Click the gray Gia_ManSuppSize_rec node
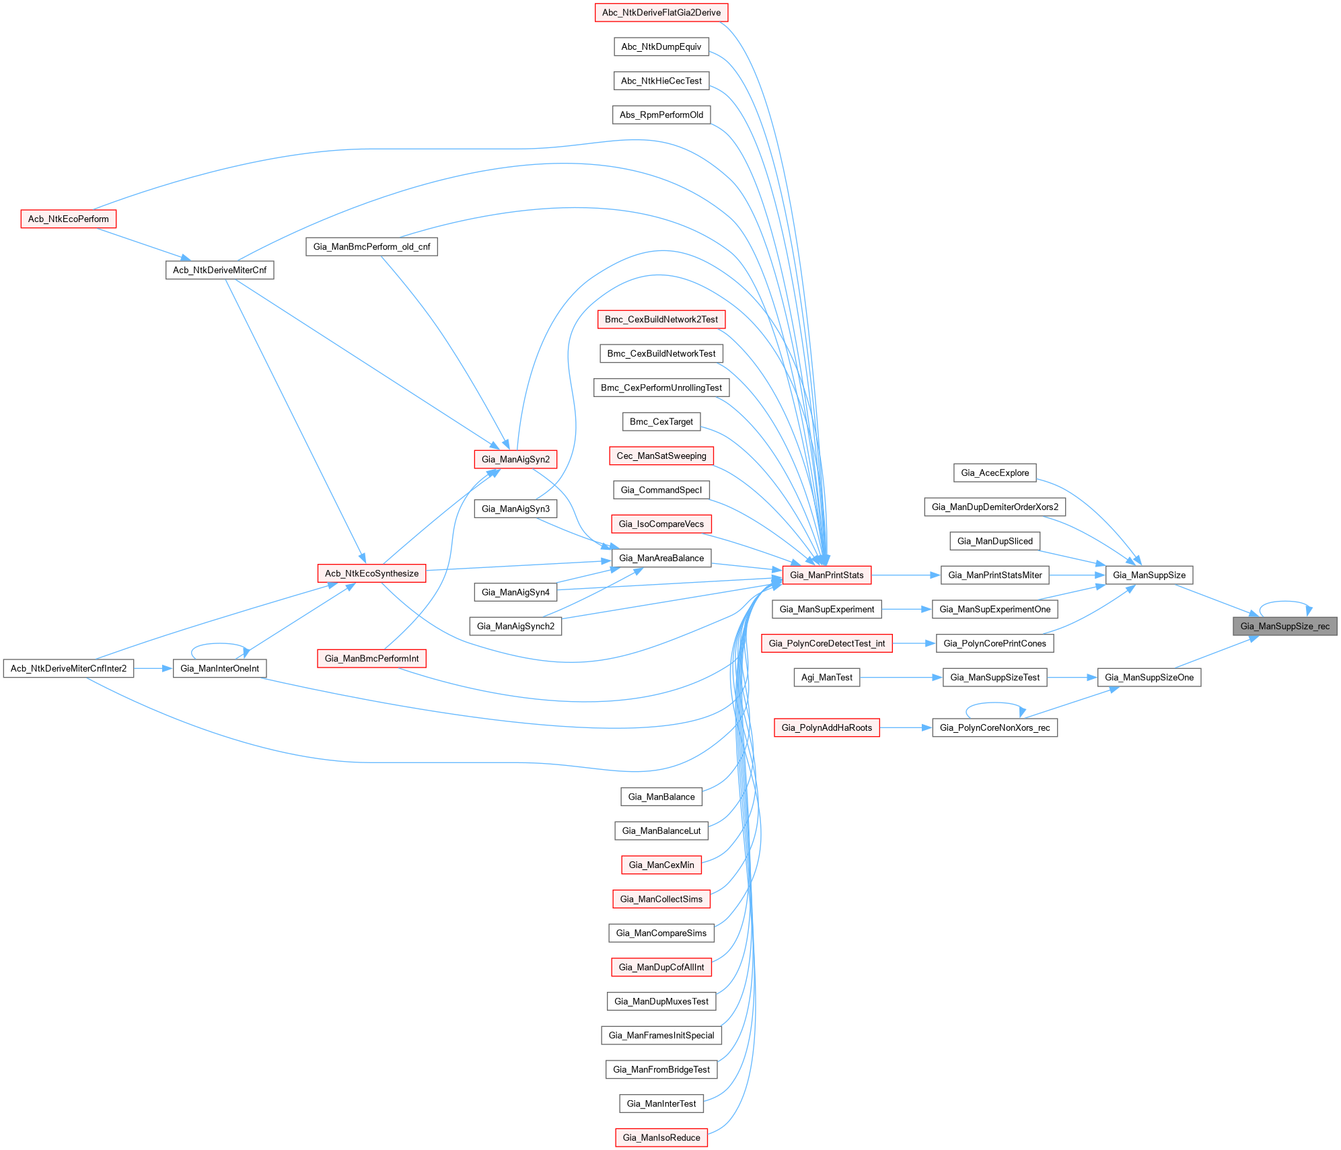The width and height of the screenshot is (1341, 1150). point(1284,626)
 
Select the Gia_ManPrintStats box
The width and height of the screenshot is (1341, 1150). point(826,575)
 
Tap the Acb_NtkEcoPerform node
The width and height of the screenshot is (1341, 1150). point(68,219)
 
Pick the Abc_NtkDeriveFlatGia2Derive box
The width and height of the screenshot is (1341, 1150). point(661,13)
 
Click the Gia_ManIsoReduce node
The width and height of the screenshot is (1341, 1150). point(661,1138)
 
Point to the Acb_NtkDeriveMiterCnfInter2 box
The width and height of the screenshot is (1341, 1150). point(69,669)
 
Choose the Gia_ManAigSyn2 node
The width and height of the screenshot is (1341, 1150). point(515,460)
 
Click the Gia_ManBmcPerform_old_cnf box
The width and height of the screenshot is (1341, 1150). point(371,247)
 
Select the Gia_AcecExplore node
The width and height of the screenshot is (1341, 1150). point(994,473)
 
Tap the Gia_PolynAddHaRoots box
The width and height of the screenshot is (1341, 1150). point(826,728)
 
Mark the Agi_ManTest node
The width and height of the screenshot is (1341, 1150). point(826,678)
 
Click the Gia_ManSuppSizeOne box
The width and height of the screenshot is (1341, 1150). point(1149,678)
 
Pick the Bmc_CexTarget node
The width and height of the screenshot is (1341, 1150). point(661,422)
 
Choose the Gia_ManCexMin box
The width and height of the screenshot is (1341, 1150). point(661,865)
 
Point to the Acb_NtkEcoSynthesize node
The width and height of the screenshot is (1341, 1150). point(371,574)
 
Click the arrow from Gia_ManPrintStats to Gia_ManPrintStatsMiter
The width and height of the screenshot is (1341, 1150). point(905,575)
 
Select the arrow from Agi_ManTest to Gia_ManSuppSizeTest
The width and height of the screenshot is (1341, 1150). point(901,678)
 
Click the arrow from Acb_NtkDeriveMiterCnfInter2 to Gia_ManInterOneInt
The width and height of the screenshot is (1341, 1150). point(153,669)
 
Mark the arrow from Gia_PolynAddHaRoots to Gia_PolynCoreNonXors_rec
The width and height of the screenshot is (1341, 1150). point(905,728)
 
